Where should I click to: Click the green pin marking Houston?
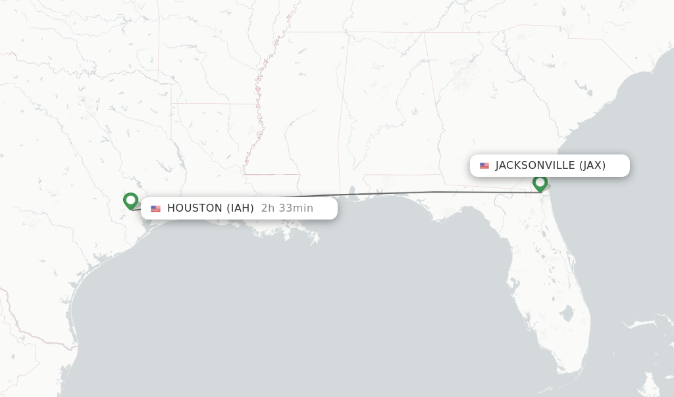pyautogui.click(x=130, y=200)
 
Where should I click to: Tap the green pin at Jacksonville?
pyautogui.click(x=540, y=183)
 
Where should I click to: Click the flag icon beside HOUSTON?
pyautogui.click(x=155, y=208)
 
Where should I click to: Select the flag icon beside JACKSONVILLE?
pyautogui.click(x=484, y=166)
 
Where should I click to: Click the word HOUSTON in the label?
pyautogui.click(x=194, y=208)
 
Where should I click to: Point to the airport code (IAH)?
pyautogui.click(x=240, y=208)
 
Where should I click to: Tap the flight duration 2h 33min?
pyautogui.click(x=287, y=208)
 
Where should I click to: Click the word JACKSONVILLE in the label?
pyautogui.click(x=535, y=166)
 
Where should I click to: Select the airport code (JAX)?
pyautogui.click(x=592, y=166)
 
